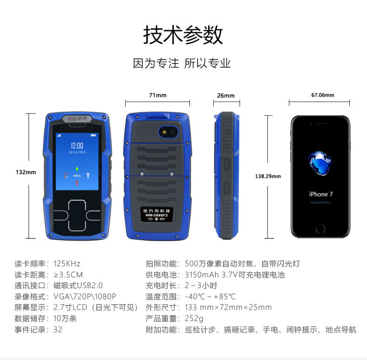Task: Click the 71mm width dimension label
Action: point(158,95)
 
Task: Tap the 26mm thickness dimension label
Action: point(226,96)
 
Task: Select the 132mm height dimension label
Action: point(26,172)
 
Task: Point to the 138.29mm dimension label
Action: point(268,176)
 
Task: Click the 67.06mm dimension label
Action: point(323,95)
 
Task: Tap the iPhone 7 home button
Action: point(320,229)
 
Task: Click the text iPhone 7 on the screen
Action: point(321,194)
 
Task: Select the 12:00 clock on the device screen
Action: point(77,145)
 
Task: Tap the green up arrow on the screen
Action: point(77,169)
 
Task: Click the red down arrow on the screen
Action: point(77,183)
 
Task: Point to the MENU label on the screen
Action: point(77,176)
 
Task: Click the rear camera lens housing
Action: point(169,132)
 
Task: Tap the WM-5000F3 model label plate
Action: point(157,215)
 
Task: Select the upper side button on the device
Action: point(227,164)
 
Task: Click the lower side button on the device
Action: point(227,188)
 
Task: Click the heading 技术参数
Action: point(183,35)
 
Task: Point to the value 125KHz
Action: point(67,263)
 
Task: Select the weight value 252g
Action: point(194,319)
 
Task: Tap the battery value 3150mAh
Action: point(202,275)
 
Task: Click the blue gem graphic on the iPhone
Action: point(320,164)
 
